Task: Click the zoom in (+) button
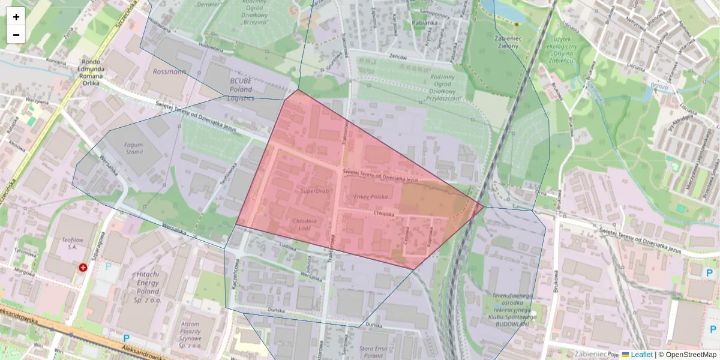[x=16, y=17]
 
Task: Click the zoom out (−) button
[x=16, y=35]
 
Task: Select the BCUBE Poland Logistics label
[x=241, y=89]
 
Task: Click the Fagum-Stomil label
[x=134, y=148]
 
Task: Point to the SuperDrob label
[x=315, y=191]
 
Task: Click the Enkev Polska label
[x=371, y=197]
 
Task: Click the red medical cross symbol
[x=83, y=268]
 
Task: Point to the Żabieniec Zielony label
[x=505, y=41]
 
